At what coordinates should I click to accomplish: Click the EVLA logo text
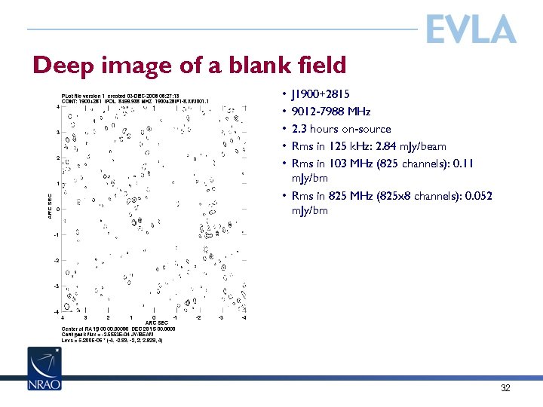tap(471, 29)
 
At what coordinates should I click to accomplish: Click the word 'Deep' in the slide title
tap(63, 66)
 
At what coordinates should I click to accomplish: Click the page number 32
tap(505, 388)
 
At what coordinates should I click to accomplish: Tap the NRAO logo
tap(44, 369)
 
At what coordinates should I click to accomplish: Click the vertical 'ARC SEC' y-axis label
tap(51, 208)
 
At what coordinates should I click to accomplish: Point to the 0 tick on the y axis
tap(57, 210)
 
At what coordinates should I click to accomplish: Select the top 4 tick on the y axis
tap(58, 106)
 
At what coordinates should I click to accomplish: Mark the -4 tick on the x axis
tap(243, 317)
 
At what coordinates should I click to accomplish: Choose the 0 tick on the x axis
tap(153, 317)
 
